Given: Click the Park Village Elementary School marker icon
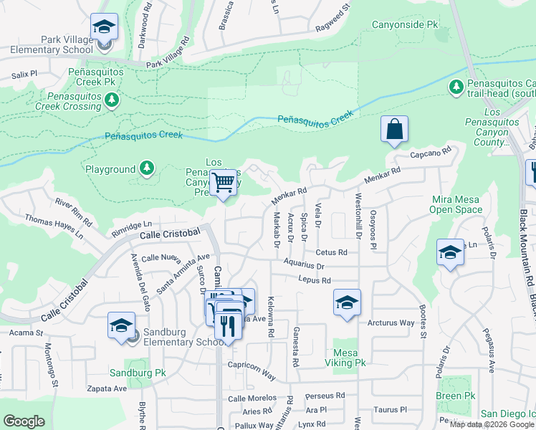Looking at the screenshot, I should [x=104, y=27].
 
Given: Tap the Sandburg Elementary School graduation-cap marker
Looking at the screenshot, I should [x=121, y=325].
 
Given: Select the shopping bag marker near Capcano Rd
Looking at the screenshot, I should [x=394, y=130].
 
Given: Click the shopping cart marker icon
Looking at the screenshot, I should [x=224, y=183].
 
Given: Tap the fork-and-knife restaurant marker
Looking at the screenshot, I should [x=229, y=325].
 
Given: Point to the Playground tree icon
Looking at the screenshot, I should [x=147, y=169].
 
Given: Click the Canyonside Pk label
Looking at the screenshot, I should [x=404, y=24].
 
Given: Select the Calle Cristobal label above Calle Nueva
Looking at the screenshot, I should [x=170, y=234].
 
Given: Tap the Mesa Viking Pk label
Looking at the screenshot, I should [x=350, y=358].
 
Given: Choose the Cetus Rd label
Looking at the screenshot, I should [x=331, y=252].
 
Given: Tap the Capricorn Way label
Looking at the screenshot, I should [x=252, y=375].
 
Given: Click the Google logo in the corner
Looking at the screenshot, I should [x=24, y=421].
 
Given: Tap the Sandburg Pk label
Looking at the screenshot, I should [x=138, y=373].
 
